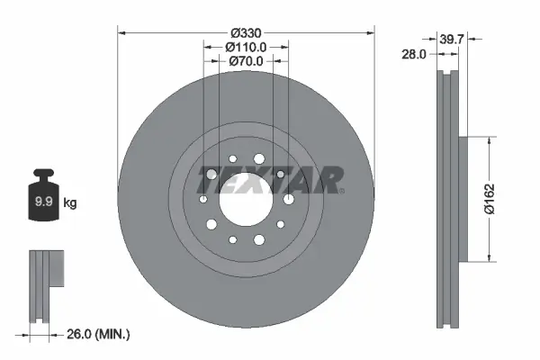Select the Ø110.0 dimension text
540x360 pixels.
[x=247, y=47]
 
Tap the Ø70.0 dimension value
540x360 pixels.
[x=246, y=61]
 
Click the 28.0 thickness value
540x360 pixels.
[x=415, y=55]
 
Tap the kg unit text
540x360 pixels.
[x=70, y=203]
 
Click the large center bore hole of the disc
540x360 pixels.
[x=246, y=199]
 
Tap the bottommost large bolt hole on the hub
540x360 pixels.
[x=259, y=238]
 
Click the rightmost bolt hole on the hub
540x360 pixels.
[x=288, y=200]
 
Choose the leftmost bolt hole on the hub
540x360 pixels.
[x=203, y=199]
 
